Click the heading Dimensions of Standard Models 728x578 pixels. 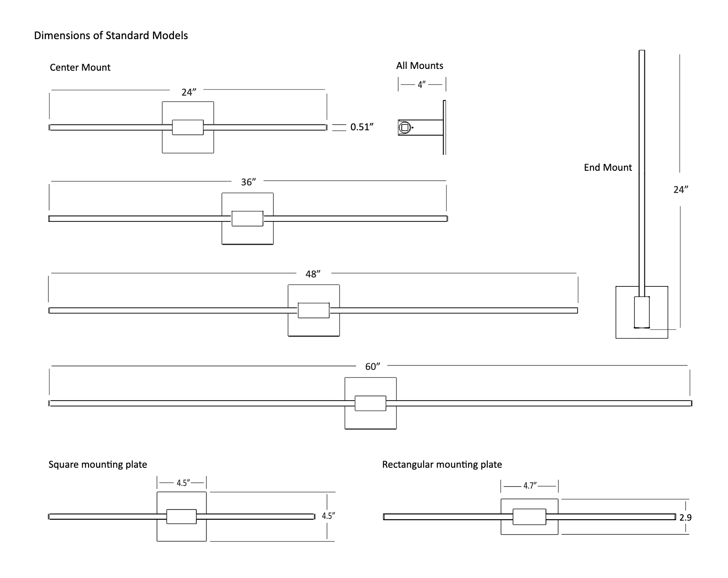click(x=111, y=36)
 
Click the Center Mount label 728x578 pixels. click(x=80, y=68)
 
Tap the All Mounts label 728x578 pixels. click(x=420, y=66)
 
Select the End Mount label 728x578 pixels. click(x=608, y=168)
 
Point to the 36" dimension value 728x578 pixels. click(x=248, y=182)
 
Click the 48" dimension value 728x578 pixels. click(x=313, y=274)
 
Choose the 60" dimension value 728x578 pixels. click(x=373, y=367)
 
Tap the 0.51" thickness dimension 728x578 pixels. click(x=361, y=127)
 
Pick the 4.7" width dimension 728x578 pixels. click(x=530, y=486)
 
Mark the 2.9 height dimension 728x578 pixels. click(x=685, y=518)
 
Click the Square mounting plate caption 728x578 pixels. click(x=97, y=465)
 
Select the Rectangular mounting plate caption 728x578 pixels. click(x=442, y=465)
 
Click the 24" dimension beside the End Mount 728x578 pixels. click(x=680, y=189)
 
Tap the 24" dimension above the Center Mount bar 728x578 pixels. click(x=189, y=92)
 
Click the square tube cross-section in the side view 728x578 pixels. click(x=404, y=128)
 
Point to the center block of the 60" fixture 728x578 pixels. click(x=370, y=403)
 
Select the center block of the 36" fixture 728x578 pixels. click(x=247, y=219)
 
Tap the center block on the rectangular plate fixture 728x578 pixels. click(x=529, y=517)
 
